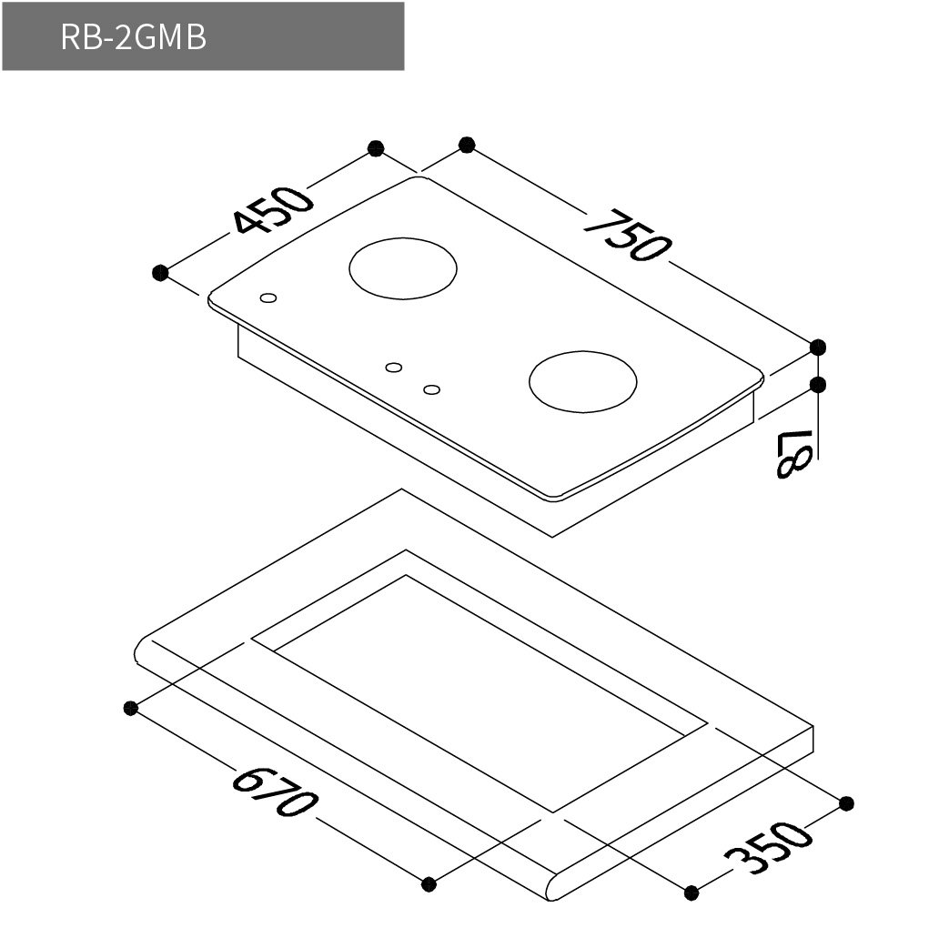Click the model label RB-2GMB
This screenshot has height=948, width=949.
click(x=133, y=37)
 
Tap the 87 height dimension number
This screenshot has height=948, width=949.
click(x=788, y=453)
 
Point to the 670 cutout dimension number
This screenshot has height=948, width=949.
click(x=276, y=792)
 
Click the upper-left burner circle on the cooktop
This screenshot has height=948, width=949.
click(x=403, y=267)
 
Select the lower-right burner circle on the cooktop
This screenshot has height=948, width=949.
click(x=582, y=381)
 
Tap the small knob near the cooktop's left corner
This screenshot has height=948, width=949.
click(x=268, y=298)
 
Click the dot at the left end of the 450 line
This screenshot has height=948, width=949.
click(x=161, y=272)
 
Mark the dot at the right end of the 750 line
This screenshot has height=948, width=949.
click(x=817, y=347)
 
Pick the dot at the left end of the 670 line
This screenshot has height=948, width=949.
click(x=130, y=708)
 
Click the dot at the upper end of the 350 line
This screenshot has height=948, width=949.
click(x=846, y=803)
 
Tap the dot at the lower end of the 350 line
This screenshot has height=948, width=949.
click(x=692, y=892)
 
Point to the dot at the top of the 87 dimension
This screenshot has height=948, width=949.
click(x=817, y=385)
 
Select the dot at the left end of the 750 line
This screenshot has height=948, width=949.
click(x=467, y=144)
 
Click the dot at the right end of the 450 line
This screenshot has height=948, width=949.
click(x=375, y=148)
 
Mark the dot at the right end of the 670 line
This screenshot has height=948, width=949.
click(x=430, y=883)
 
